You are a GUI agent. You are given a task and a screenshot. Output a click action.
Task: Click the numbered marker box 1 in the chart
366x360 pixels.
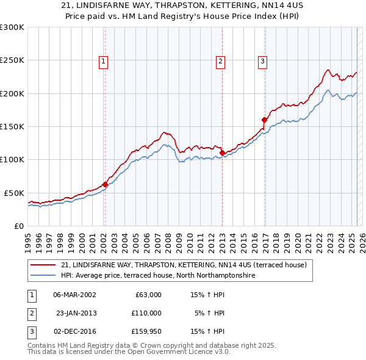point(104,61)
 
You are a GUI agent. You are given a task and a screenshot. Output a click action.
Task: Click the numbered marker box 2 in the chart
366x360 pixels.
point(220,61)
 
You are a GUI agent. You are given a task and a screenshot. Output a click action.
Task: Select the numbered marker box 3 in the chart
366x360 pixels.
point(262,61)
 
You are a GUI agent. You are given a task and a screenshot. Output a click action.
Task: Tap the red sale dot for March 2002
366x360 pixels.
point(105,184)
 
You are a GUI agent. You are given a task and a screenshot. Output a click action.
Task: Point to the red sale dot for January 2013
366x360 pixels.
point(222,153)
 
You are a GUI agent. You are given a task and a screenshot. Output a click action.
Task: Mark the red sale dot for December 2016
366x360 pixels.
point(264,120)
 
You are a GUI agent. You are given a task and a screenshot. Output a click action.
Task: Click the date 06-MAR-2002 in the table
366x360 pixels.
point(74,295)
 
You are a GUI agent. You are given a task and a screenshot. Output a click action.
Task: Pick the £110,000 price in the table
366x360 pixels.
point(146,313)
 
